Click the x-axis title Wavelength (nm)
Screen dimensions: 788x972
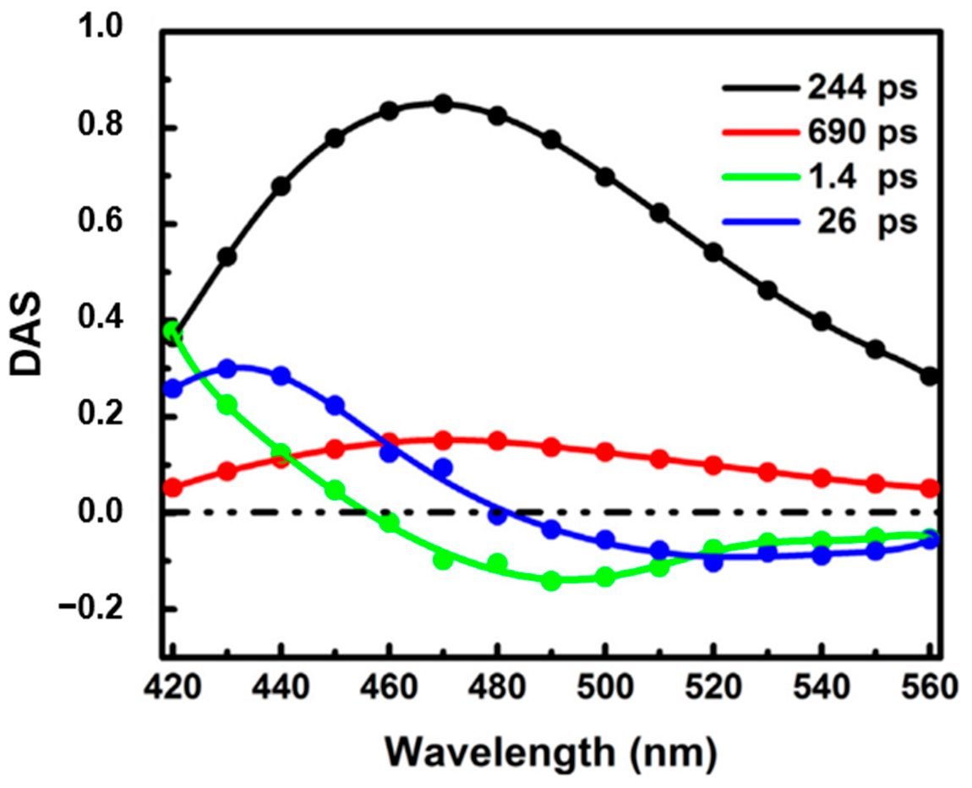pyautogui.click(x=549, y=749)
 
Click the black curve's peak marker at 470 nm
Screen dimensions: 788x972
pyautogui.click(x=443, y=104)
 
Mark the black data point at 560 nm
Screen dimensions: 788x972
pyautogui.click(x=930, y=376)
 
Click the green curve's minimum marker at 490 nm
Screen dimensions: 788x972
pyautogui.click(x=551, y=581)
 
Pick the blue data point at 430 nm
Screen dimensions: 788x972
pyautogui.click(x=227, y=368)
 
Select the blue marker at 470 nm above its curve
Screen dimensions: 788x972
pyautogui.click(x=443, y=468)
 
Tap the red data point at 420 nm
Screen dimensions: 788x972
pyautogui.click(x=173, y=488)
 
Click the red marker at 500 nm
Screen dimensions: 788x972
pyautogui.click(x=605, y=452)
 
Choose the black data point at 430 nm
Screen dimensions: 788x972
pyautogui.click(x=227, y=256)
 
